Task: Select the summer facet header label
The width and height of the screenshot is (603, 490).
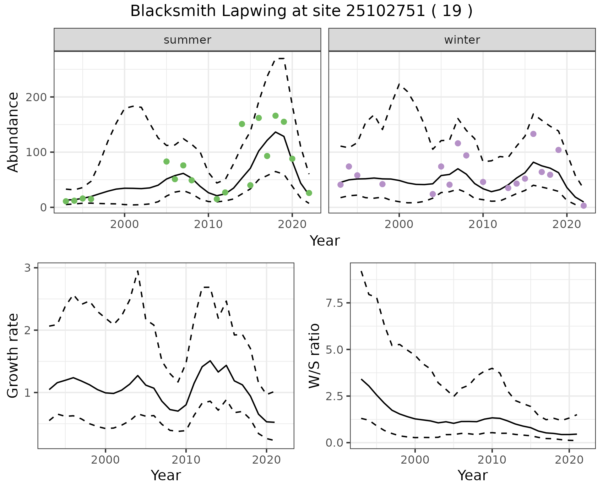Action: click(187, 40)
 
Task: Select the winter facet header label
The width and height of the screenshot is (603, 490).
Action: click(462, 40)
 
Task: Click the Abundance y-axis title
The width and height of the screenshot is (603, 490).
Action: click(13, 132)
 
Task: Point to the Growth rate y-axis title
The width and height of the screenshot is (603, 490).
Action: click(13, 356)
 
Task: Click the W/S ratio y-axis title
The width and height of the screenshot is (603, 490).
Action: click(314, 356)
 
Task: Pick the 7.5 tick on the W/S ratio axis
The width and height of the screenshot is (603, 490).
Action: click(335, 303)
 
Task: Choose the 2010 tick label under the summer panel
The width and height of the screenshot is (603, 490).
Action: click(208, 224)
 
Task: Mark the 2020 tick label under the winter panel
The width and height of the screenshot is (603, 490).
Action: click(567, 224)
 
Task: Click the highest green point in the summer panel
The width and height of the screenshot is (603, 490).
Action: click(275, 116)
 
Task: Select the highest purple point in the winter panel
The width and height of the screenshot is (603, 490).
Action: click(533, 134)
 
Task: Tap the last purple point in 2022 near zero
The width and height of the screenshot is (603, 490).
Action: click(584, 206)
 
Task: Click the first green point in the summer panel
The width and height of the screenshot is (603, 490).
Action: click(66, 201)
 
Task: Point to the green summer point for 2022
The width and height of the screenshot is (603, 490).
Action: click(309, 193)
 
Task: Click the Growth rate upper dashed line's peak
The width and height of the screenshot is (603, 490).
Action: click(138, 271)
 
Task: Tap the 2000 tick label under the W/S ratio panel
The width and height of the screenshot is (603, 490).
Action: click(415, 460)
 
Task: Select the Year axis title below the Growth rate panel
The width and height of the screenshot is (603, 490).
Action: click(166, 475)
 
